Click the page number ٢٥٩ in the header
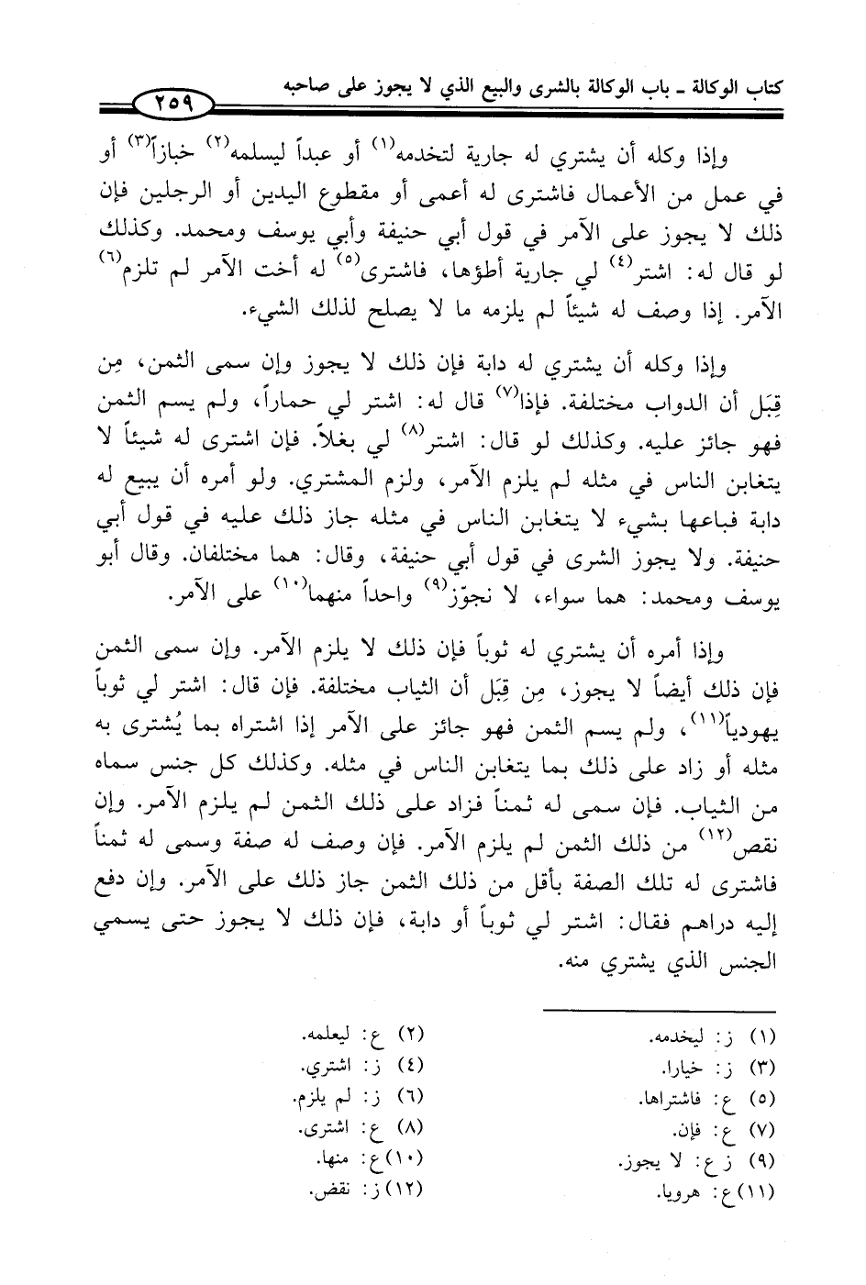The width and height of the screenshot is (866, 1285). point(172,99)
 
